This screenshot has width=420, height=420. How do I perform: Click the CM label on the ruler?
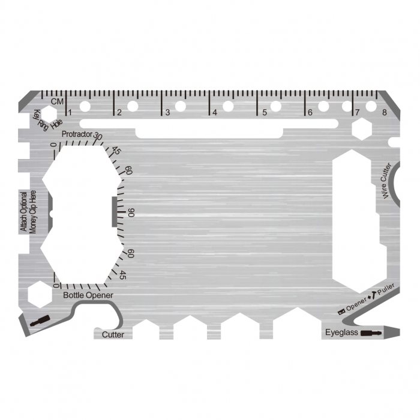pos(57,102)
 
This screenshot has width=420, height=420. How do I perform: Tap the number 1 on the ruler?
pos(70,112)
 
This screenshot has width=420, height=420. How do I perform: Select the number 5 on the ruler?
pos(262,112)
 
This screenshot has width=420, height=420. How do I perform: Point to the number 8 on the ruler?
pos(384,112)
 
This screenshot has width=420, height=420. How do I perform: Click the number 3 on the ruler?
pos(167,112)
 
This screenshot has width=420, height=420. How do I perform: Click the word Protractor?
pos(77,134)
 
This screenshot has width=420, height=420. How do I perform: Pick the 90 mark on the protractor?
pos(131,212)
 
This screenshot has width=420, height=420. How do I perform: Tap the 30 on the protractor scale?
pos(98,137)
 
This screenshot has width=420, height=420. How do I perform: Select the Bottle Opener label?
pos(88,295)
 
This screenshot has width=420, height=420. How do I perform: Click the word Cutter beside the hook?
pos(113,334)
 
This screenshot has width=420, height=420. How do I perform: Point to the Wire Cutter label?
pos(386,180)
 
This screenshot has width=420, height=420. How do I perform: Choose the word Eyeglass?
pos(342,332)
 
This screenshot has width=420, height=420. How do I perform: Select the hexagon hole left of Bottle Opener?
pos(38,292)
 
